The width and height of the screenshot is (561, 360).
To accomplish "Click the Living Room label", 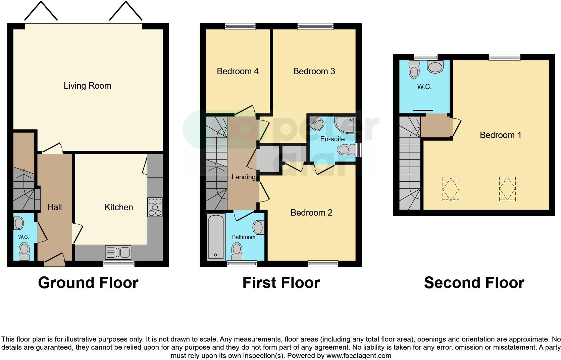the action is (88, 86).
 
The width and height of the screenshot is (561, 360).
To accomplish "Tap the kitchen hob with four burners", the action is (155, 207).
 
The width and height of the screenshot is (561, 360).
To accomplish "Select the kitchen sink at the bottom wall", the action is (118, 252).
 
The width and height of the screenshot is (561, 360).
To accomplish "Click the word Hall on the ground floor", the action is (55, 207).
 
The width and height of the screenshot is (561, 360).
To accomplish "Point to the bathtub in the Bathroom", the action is (216, 237).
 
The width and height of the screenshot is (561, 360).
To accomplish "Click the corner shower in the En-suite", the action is (345, 125).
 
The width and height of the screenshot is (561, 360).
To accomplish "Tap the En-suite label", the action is (333, 139).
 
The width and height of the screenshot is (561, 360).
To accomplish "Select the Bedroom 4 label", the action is (238, 71).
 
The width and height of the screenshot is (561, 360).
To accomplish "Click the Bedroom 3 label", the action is (314, 71).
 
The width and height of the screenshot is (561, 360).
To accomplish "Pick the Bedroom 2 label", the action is (311, 213).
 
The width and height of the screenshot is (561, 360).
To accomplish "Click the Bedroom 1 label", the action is (501, 135).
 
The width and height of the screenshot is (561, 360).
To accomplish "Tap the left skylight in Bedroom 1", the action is (451, 189).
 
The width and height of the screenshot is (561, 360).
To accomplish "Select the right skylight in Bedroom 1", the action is (507, 189).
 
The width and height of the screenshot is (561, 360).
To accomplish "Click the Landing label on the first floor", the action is (244, 177).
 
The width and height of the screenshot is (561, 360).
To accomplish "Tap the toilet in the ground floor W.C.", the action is (24, 251).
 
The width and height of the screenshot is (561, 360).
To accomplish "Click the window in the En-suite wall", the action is (358, 150).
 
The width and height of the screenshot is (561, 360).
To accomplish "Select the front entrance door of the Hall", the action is (55, 260).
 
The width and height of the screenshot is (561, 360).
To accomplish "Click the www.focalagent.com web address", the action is (359, 356).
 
